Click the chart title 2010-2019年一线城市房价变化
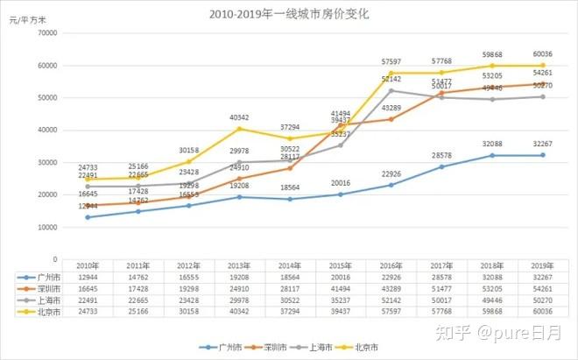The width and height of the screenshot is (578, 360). tap(290, 14)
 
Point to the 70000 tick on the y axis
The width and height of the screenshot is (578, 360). tap(46, 33)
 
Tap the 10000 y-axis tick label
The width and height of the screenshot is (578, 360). tap(46, 227)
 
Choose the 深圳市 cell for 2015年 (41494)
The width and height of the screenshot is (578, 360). tap(342, 287)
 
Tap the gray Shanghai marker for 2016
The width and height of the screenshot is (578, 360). tap(391, 90)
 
